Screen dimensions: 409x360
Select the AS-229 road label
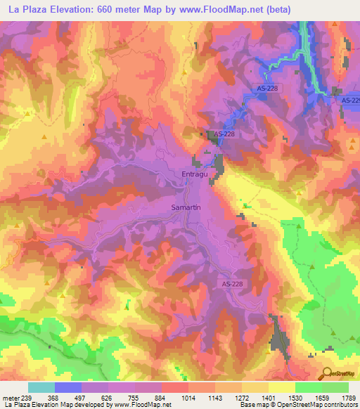click(x=349, y=101)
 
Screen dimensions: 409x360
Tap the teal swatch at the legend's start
click(x=41, y=387)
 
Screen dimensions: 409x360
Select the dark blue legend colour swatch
click(x=67, y=387)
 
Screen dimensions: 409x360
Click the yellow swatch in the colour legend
click(x=281, y=387)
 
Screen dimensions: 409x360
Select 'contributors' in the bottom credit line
click(x=337, y=405)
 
